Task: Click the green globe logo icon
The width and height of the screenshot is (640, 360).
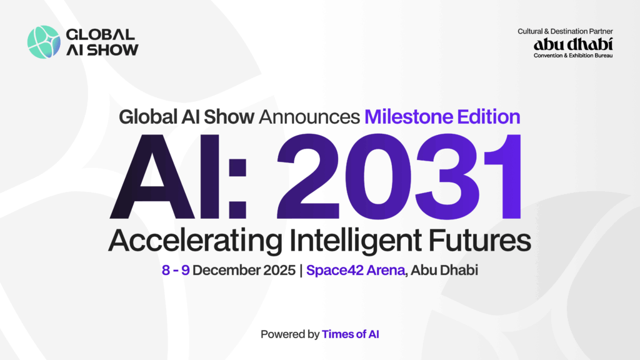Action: point(43,42)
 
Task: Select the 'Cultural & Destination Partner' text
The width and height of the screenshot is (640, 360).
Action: point(565,31)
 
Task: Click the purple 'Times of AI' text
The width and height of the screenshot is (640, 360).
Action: point(351,334)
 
